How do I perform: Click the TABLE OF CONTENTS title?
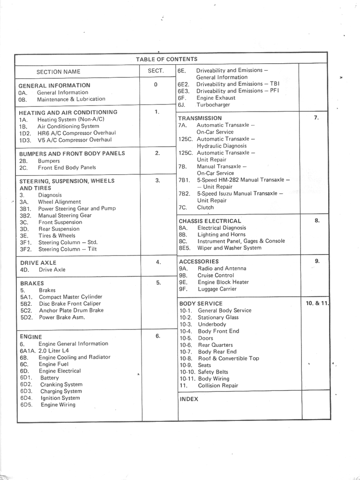(x=166, y=59)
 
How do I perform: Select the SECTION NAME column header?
(x=58, y=72)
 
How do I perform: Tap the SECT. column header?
(x=156, y=71)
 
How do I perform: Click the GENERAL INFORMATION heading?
(x=54, y=86)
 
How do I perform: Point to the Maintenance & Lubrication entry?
(x=71, y=99)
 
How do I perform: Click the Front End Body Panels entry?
(x=67, y=167)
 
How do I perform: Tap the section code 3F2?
(x=25, y=249)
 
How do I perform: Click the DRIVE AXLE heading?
(x=38, y=263)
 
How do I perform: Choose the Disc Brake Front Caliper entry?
(x=70, y=304)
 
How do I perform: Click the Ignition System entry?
(x=60, y=398)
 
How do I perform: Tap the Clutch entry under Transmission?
(x=205, y=207)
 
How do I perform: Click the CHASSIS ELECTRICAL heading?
(x=210, y=221)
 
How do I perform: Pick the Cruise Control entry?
(x=216, y=276)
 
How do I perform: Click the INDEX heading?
(x=189, y=399)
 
